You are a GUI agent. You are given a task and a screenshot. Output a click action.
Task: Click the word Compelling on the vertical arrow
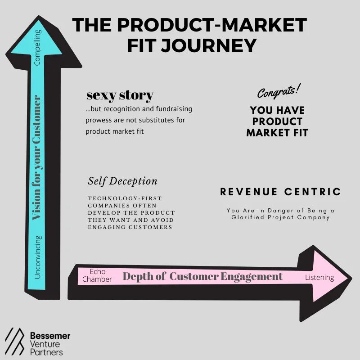click(38, 47)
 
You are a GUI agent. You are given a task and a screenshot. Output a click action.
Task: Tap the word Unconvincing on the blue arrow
click(38, 256)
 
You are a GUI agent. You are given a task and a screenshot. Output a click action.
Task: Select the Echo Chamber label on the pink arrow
click(97, 275)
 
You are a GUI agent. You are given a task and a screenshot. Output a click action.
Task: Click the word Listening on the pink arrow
click(319, 277)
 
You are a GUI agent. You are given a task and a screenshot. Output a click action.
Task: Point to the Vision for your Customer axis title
click(37, 157)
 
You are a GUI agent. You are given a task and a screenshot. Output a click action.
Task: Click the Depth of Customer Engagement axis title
click(202, 276)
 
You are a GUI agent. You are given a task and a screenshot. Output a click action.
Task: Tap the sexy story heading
click(120, 95)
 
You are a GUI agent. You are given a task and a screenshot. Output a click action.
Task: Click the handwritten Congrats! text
click(279, 92)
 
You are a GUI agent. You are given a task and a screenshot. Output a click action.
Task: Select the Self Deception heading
click(122, 181)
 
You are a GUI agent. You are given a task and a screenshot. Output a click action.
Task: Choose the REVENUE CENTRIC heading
click(280, 192)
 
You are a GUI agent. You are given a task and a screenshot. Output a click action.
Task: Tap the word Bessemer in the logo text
click(50, 336)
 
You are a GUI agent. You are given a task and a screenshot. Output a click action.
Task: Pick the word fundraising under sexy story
click(171, 109)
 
